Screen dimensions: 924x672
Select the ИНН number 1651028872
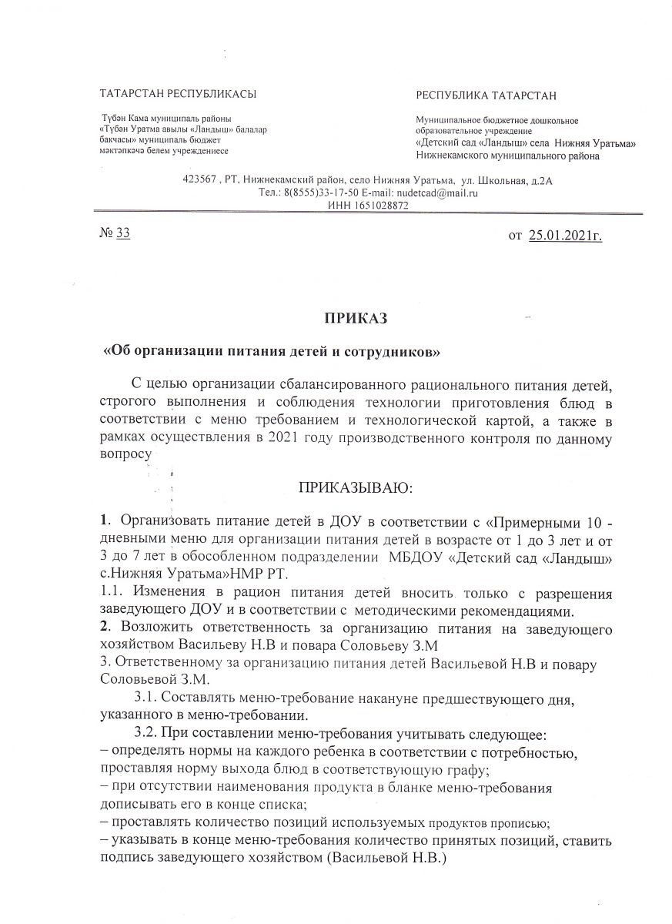tap(378, 206)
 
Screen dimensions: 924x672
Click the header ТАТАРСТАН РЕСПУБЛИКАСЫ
tap(178, 94)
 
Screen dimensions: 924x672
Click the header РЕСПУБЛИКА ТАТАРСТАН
tap(486, 95)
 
